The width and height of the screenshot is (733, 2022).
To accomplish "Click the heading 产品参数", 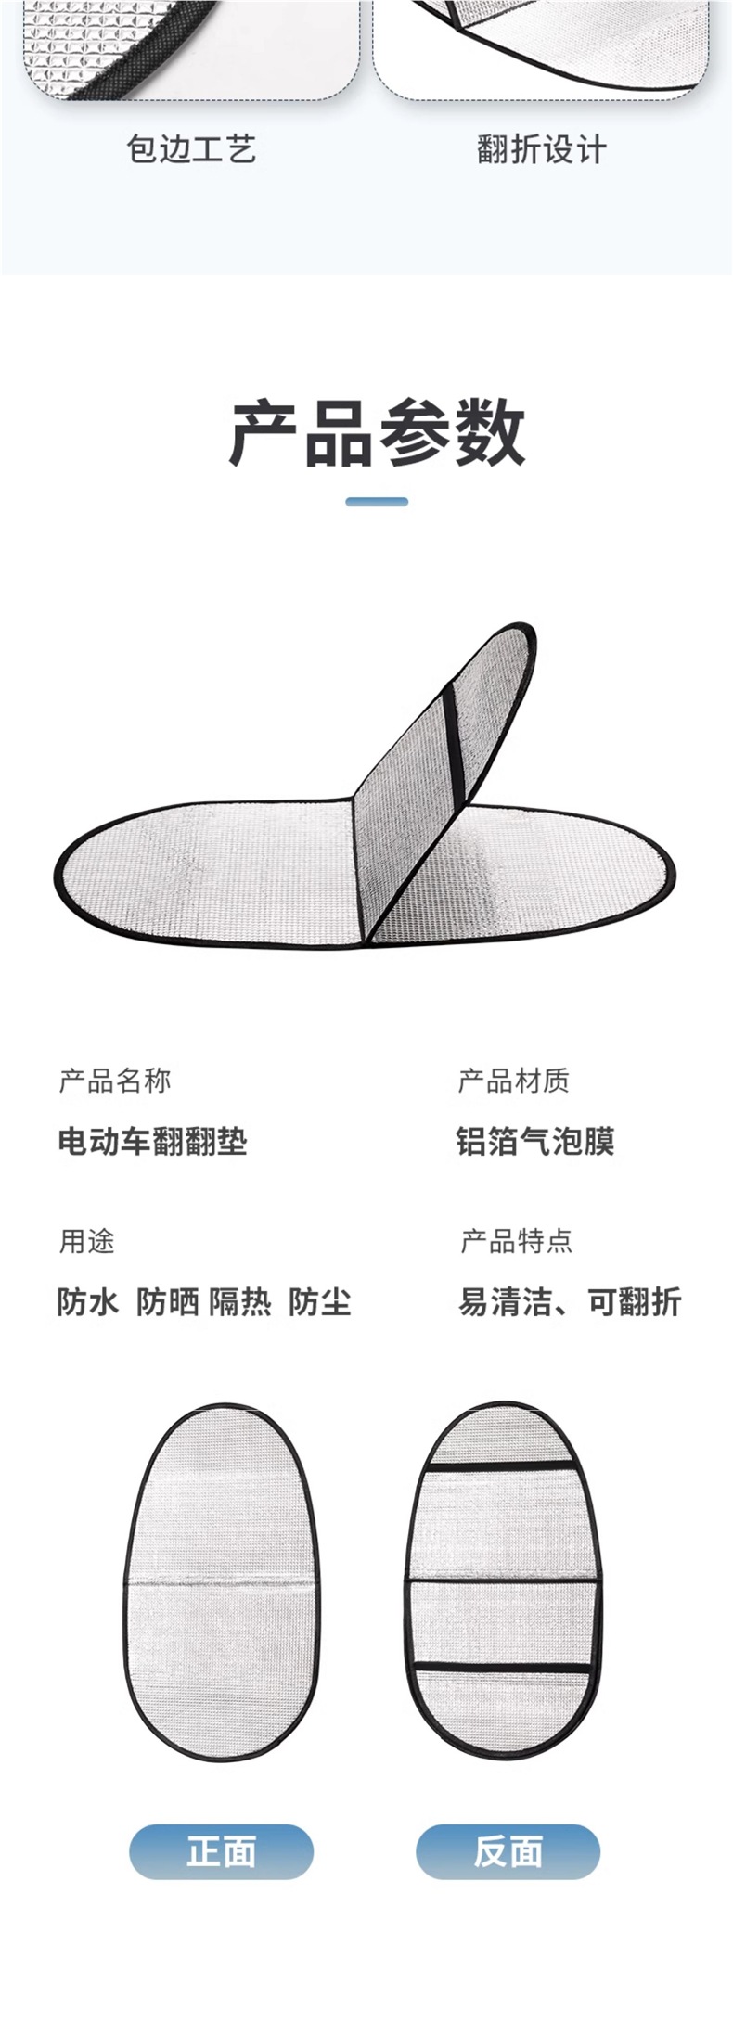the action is (x=377, y=433).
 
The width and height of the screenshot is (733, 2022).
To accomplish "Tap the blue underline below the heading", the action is (x=377, y=502).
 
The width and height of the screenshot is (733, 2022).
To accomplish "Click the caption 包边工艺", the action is (x=191, y=149).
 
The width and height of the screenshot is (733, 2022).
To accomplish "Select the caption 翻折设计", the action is (x=542, y=149).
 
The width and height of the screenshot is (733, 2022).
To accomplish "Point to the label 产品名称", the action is (x=115, y=1081).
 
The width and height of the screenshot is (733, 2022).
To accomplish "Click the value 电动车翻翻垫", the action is (x=152, y=1141).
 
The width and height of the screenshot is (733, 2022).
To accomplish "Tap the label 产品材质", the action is (x=513, y=1081).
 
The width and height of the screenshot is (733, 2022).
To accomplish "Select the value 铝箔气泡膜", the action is (x=535, y=1141).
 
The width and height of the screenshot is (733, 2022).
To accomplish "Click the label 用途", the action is (x=87, y=1241).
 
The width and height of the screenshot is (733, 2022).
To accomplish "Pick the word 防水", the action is (x=88, y=1302).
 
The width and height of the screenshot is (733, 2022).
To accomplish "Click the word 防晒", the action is (x=167, y=1302).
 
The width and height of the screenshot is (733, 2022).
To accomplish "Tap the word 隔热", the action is (x=239, y=1302).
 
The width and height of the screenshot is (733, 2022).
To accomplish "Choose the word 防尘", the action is (x=319, y=1302).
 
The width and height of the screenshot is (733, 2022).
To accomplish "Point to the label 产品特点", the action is (x=517, y=1241).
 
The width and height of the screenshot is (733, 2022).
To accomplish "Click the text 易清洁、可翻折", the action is (x=570, y=1302).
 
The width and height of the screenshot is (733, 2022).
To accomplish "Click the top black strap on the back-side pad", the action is (x=502, y=1468).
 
